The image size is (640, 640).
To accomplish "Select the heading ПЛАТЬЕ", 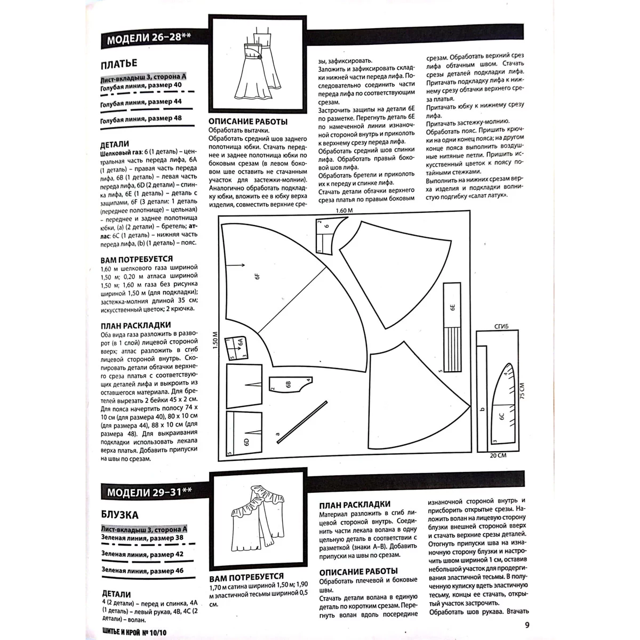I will (119, 65).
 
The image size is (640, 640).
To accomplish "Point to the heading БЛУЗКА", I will (120, 515).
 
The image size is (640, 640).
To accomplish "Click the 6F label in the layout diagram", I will (257, 277).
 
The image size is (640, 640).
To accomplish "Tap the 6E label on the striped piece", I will (451, 308).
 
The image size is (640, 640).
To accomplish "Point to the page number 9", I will (527, 626).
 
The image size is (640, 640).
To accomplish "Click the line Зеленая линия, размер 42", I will (142, 554).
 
